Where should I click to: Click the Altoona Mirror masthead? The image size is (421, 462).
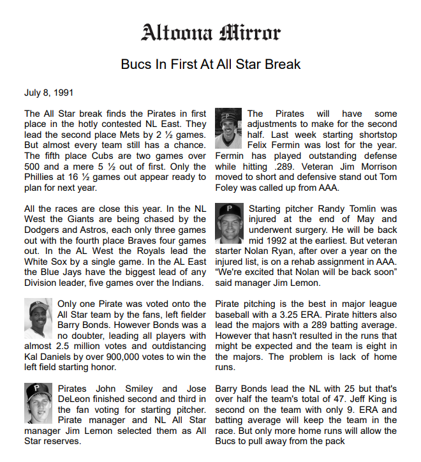(211, 32)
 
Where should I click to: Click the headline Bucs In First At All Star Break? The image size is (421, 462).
(211, 64)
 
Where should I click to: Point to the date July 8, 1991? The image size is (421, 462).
(48, 93)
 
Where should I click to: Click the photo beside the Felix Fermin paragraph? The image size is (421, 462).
(228, 128)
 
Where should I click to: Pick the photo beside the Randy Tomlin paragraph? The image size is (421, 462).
(228, 223)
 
